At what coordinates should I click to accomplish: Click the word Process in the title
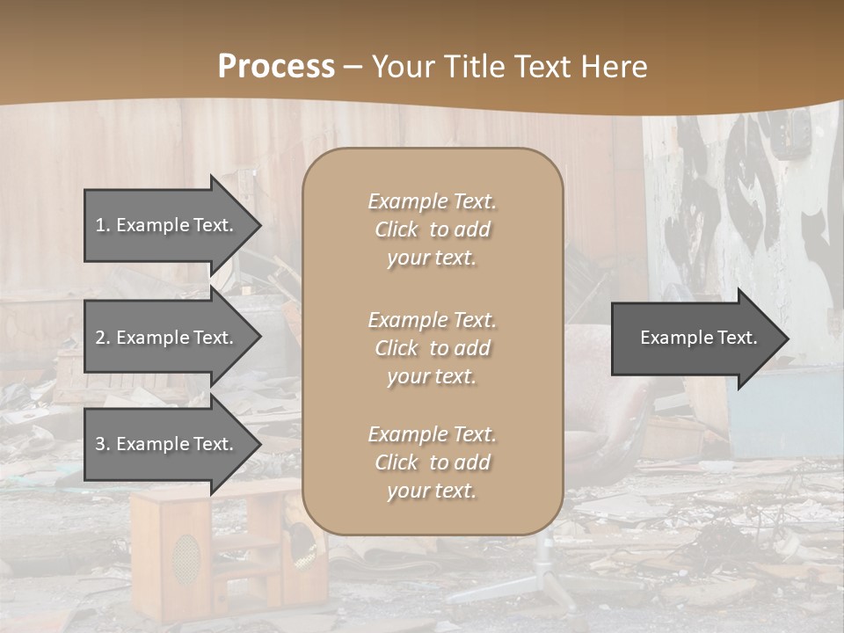pos(276,67)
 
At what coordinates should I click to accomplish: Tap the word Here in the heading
pos(612,67)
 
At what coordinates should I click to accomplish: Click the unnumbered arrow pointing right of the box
pos(695,338)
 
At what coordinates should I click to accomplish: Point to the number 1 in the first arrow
pos(100,225)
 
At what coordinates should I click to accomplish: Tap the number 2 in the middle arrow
pos(100,338)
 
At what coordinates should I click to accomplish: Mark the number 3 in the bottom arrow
pos(100,444)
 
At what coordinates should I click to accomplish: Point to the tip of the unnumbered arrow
pos(786,338)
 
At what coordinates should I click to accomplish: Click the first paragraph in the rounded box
pos(432,229)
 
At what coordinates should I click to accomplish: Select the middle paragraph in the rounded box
pos(432,348)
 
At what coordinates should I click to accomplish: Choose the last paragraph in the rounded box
pos(432,462)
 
